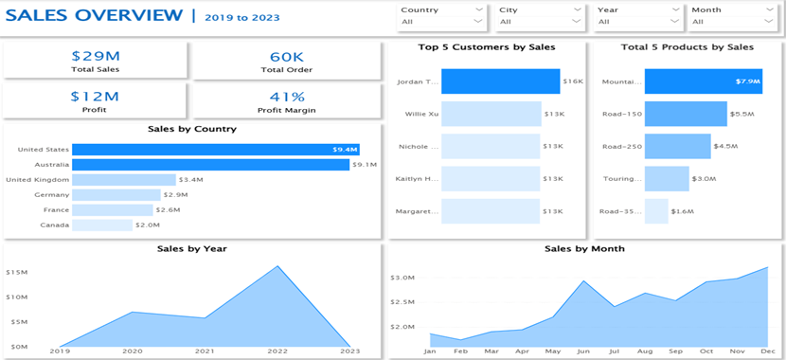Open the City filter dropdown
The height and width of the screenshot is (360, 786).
540,21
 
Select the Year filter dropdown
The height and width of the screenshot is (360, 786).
638,21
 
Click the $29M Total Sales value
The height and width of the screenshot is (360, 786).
96,56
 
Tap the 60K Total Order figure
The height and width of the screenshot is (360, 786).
286,56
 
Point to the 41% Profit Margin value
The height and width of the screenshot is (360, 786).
286,96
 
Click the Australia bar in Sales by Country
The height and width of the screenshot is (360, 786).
210,165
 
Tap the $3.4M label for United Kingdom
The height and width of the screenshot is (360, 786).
191,180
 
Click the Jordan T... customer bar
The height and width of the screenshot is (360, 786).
501,81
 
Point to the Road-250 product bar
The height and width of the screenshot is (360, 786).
677,146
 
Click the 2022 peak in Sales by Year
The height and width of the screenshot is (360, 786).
277,266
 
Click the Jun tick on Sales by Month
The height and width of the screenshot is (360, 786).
584,351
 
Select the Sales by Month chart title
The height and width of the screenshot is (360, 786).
584,248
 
